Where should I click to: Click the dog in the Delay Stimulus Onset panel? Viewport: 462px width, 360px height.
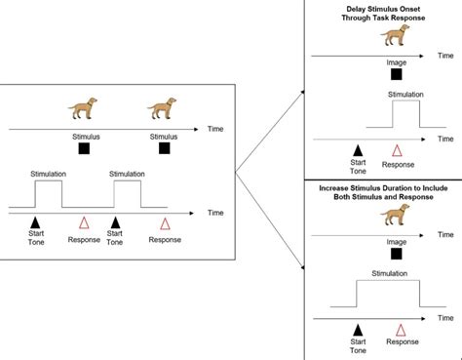click(395, 35)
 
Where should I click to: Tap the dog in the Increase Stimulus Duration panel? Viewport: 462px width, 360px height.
click(395, 215)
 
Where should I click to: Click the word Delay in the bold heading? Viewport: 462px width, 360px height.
click(356, 9)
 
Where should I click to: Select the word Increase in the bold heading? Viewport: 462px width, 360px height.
click(333, 188)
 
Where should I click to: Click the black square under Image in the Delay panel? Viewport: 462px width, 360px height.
click(396, 74)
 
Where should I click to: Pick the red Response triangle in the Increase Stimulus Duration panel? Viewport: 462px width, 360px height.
click(401, 330)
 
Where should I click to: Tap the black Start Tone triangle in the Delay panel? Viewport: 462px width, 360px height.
click(358, 150)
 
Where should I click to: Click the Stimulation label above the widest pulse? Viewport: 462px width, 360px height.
click(389, 273)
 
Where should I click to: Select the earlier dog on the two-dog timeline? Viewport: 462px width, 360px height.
click(83, 108)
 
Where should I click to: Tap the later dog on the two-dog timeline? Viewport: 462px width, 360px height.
click(162, 108)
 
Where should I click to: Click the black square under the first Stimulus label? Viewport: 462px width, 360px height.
click(84, 148)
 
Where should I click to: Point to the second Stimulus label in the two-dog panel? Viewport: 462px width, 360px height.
click(164, 137)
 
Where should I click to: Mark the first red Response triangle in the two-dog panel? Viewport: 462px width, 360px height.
click(84, 222)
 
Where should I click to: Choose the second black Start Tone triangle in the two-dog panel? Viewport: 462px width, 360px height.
click(115, 222)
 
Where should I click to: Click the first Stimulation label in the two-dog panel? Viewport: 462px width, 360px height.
click(49, 174)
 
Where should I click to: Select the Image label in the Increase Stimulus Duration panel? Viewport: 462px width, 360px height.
click(397, 242)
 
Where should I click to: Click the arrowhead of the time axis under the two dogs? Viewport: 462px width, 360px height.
click(196, 130)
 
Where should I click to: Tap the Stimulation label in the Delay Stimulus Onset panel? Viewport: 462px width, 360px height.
click(405, 95)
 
